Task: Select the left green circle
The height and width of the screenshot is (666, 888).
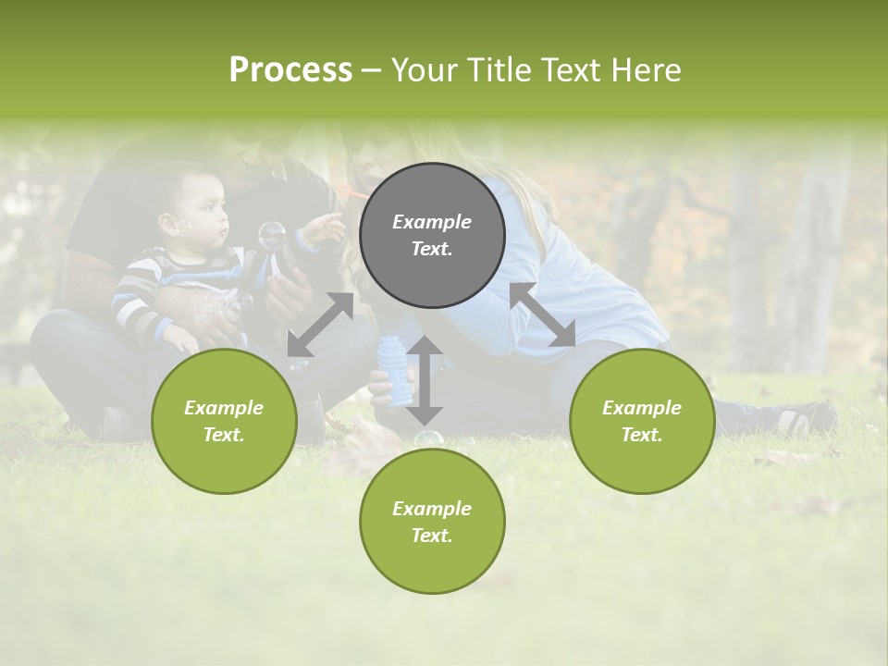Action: (x=224, y=421)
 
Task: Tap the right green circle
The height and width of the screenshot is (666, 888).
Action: (x=641, y=421)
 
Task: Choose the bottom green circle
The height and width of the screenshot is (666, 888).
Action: (x=432, y=521)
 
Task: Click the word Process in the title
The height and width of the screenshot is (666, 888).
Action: (x=290, y=69)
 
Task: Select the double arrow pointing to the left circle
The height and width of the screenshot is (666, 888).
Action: (x=320, y=325)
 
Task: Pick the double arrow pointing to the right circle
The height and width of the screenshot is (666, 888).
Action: (x=543, y=314)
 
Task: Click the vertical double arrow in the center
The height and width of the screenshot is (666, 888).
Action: (x=425, y=380)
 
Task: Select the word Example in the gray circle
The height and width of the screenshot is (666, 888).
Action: (x=432, y=222)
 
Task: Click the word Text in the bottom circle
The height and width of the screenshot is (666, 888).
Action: (x=432, y=536)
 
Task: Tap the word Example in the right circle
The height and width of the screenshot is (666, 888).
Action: (x=641, y=408)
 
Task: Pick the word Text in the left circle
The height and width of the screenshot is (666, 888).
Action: (x=224, y=435)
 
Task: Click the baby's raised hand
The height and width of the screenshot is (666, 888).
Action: (x=324, y=228)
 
